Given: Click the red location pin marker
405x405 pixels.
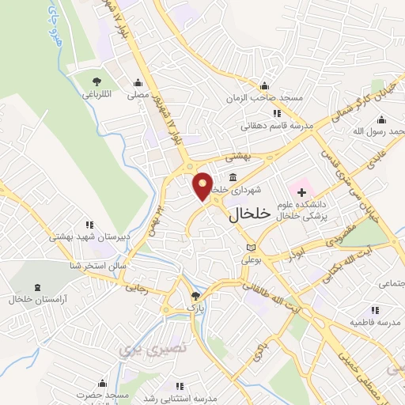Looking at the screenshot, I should coord(203,185).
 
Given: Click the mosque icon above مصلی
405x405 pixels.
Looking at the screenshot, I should coord(138,82).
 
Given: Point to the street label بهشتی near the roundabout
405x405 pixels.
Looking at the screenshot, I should coord(237,157).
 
